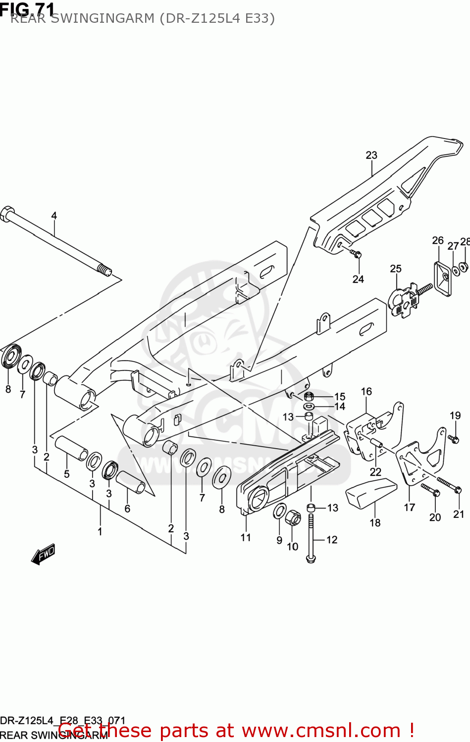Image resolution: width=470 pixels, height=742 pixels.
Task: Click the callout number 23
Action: tap(371, 155)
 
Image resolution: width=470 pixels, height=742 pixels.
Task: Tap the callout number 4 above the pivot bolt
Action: tap(54, 216)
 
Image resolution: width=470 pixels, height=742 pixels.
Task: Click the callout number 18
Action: tap(375, 523)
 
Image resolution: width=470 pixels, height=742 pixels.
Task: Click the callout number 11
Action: tap(246, 538)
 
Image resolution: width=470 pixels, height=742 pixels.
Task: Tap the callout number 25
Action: tap(395, 269)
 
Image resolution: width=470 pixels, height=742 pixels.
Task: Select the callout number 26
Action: tap(437, 240)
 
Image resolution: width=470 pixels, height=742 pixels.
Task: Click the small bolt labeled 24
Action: tap(356, 254)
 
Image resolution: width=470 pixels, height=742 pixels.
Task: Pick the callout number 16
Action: tap(366, 392)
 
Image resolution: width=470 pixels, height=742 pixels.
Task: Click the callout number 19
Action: tap(455, 416)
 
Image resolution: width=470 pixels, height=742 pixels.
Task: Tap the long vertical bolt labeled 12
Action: tap(311, 537)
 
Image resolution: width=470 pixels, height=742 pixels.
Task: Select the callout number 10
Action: tap(293, 547)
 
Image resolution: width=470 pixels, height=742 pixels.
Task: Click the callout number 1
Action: tap(100, 532)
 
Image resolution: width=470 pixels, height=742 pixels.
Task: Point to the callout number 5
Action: tap(67, 474)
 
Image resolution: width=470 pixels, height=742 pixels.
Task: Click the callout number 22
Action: tap(375, 472)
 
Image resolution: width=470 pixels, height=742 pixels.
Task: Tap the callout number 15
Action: tap(340, 397)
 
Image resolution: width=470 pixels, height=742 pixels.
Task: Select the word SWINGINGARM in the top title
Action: tap(107, 19)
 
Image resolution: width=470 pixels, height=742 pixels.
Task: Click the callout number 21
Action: tap(459, 514)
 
